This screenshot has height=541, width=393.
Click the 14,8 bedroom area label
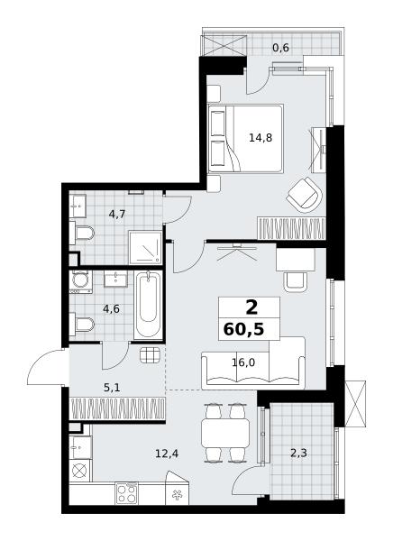(260, 138)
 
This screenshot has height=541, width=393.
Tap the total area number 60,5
(243, 329)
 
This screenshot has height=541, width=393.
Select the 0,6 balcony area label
(280, 47)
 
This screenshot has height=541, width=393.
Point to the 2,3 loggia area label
(298, 453)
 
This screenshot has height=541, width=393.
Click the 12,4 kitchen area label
(167, 454)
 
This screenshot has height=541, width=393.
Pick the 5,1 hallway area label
(112, 388)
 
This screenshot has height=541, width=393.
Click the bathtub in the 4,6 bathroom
(148, 305)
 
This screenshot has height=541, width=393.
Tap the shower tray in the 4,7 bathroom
(145, 247)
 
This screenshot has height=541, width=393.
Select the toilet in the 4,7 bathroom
(82, 234)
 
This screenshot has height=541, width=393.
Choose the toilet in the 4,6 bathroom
(82, 325)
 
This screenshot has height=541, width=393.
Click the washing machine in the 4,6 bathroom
(81, 281)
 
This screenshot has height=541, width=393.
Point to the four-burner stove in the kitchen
(126, 493)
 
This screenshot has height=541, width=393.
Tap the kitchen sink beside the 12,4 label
(80, 447)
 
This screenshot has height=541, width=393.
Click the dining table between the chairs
(225, 433)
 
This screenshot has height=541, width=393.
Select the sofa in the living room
(253, 362)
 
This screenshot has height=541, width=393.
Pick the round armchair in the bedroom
(305, 195)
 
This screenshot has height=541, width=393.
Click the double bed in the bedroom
(246, 138)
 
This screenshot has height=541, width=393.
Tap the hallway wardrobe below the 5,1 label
(117, 408)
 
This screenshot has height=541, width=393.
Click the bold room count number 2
(251, 307)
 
